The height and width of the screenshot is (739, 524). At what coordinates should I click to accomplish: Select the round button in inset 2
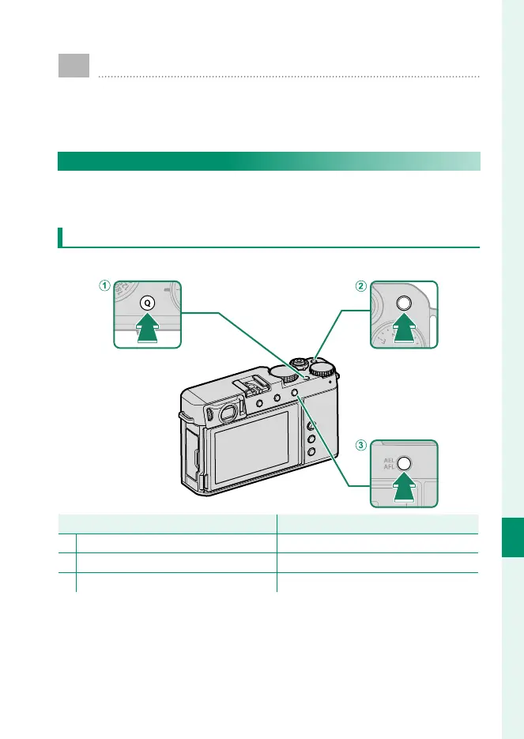click(404, 303)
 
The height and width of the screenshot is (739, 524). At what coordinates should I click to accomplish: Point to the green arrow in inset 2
click(404, 327)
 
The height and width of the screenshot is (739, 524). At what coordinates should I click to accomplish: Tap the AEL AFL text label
click(387, 462)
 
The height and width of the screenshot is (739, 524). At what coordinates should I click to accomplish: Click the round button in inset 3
click(404, 464)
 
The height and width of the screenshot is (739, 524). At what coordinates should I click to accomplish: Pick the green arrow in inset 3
click(404, 488)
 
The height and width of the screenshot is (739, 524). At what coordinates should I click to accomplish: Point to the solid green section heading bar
click(269, 161)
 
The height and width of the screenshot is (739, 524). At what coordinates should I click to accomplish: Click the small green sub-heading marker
click(61, 237)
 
